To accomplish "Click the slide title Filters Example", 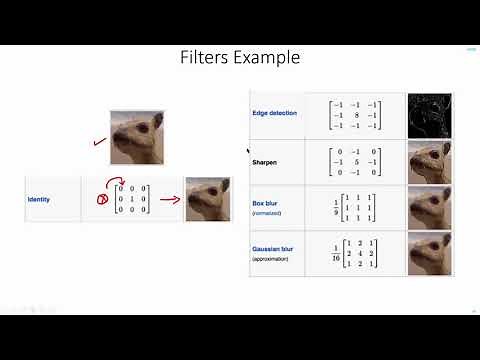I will pos(239,57).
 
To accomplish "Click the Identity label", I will pos(40,199).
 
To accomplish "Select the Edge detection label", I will pos(275,113).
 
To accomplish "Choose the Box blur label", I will pos(265,203).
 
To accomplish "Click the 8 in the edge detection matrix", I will pos(354,115).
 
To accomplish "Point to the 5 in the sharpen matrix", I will pos(354,160).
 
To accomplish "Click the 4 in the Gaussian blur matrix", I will pos(354,253).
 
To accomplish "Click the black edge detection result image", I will pos(429,115).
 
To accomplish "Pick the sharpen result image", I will pos(429,161).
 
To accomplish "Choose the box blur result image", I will pos(429,207).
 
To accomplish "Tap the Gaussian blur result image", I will pos(429,253).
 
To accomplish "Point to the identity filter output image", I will pos(208,198).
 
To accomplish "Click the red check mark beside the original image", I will pos(99,142).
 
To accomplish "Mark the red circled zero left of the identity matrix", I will pos(101,198).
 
